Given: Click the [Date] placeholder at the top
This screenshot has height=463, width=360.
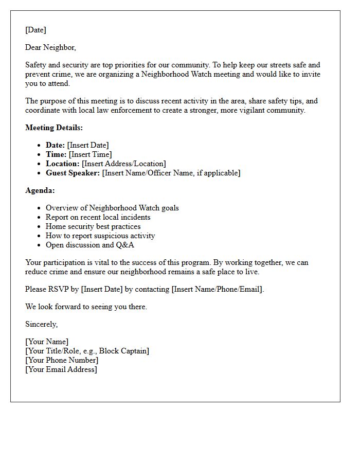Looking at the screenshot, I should tap(35, 30).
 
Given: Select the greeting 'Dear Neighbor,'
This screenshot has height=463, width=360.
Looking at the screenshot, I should tap(50, 47).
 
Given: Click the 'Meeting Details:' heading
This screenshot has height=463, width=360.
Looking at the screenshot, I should tap(54, 128).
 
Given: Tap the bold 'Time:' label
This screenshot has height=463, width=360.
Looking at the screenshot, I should tap(56, 154).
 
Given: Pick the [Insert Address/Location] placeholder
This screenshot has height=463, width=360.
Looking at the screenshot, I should tap(124, 164).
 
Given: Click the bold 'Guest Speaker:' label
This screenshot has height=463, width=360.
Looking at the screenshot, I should tap(73, 173).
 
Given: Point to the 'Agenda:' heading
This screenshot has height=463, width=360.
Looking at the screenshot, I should tap(40, 190).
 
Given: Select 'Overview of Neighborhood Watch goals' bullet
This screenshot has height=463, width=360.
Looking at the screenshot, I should tap(112, 208).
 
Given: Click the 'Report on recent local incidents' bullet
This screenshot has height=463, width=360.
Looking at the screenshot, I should tap(98, 217).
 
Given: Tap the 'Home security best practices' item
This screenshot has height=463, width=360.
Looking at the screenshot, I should tap(93, 226).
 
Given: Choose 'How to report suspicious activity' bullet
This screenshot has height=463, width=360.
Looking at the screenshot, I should tap(100, 236).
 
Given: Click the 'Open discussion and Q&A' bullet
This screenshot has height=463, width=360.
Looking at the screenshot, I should tap(90, 245).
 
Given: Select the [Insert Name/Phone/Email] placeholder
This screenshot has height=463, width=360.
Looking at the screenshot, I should tap(218, 289).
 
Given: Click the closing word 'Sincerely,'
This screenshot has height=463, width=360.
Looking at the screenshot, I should tap(42, 324).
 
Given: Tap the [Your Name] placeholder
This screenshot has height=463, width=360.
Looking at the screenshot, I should tap(47, 342).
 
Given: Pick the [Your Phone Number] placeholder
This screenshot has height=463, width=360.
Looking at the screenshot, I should tap(62, 360).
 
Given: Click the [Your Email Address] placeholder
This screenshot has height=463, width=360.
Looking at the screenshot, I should tap(61, 369).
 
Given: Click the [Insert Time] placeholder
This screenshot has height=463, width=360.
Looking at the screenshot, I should tap(91, 154).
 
